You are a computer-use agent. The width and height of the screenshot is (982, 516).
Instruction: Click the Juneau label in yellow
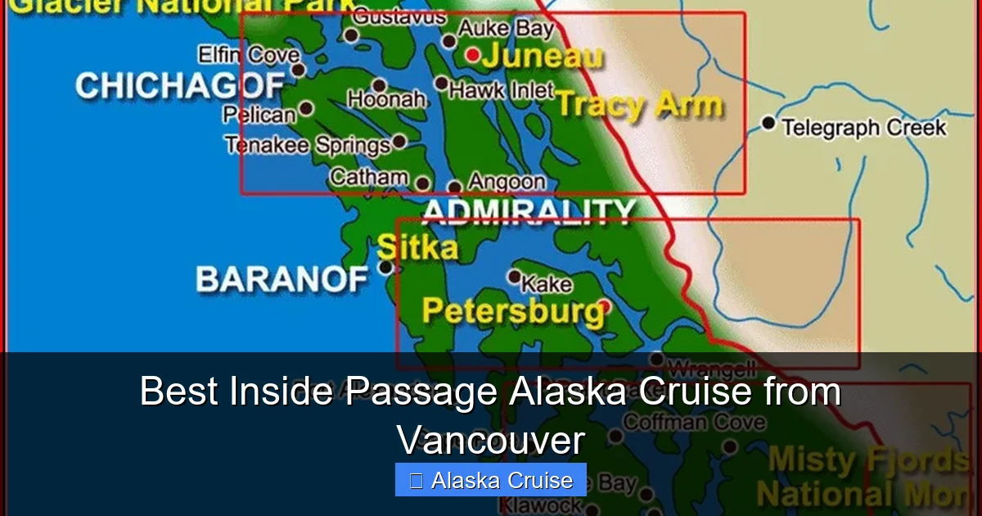click(x=543, y=57)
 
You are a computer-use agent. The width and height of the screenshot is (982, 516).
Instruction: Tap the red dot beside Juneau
click(x=472, y=54)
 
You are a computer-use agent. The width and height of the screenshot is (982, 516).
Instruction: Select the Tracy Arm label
click(x=640, y=105)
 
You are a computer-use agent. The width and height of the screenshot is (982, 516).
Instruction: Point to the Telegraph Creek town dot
click(x=768, y=123)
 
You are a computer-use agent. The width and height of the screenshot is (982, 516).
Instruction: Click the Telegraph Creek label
click(x=863, y=127)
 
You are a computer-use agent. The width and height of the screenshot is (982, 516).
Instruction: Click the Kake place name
click(x=546, y=284)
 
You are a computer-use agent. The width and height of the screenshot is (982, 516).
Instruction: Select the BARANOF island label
click(x=282, y=280)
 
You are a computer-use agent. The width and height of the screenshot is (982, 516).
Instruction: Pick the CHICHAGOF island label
click(x=180, y=85)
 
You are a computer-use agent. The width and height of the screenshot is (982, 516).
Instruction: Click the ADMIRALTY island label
click(x=529, y=211)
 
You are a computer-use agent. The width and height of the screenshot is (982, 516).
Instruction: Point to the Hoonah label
click(x=386, y=99)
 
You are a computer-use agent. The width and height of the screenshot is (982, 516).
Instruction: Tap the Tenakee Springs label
click(x=308, y=145)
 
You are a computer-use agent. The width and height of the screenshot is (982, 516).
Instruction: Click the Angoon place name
click(x=507, y=181)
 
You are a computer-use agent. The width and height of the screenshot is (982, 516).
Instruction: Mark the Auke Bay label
click(x=505, y=29)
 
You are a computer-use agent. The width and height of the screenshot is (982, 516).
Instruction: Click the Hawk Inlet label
click(x=501, y=90)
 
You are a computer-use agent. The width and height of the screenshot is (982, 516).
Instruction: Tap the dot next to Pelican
click(x=306, y=108)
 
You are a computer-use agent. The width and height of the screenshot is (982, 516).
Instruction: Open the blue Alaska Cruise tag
click(x=491, y=480)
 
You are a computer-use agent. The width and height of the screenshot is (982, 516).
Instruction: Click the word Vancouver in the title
click(x=491, y=441)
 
